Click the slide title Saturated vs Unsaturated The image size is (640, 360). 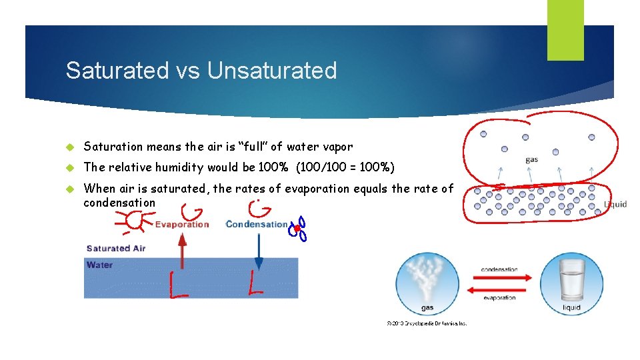point(201,71)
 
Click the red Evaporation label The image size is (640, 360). point(182,225)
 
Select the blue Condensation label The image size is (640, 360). point(257,225)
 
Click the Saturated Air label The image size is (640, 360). point(116,249)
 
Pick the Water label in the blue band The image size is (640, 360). point(99,265)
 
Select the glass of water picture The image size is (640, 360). point(571,283)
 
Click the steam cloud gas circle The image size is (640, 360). point(427,283)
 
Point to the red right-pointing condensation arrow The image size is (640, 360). point(499,277)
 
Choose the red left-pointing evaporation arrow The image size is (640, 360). point(499,289)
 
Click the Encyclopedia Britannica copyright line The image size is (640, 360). point(427,323)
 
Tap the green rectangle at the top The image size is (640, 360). point(565,30)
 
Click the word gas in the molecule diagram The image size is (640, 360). point(532,160)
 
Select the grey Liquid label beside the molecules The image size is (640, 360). point(615,204)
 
